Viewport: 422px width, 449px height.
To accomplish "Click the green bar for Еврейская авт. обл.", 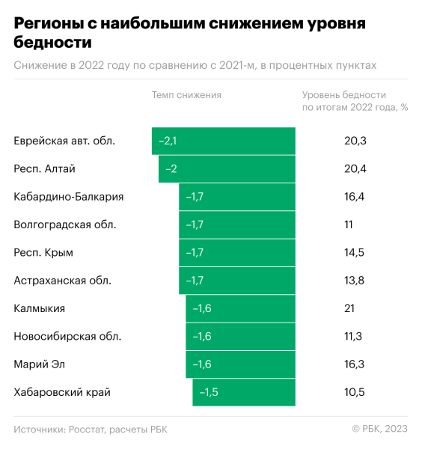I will pyautogui.click(x=223, y=141).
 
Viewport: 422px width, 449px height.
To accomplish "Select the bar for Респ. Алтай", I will pyautogui.click(x=227, y=168).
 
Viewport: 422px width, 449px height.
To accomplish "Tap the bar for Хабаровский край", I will pyautogui.click(x=244, y=392).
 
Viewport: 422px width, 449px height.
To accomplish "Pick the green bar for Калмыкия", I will pyautogui.click(x=240, y=308).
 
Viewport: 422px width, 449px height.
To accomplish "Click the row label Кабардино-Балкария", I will pyautogui.click(x=69, y=197).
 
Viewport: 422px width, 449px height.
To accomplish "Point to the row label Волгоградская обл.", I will pyautogui.click(x=65, y=224).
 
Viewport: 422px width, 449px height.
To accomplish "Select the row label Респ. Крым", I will pyautogui.click(x=43, y=253).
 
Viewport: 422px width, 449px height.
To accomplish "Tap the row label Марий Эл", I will pyautogui.click(x=40, y=364).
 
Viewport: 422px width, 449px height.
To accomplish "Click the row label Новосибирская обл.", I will pyautogui.click(x=67, y=337).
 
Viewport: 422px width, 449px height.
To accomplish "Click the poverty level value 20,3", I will pyautogui.click(x=354, y=141).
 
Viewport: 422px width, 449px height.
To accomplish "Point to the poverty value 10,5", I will pyautogui.click(x=354, y=392).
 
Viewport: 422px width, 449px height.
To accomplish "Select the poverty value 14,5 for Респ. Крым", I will pyautogui.click(x=354, y=253).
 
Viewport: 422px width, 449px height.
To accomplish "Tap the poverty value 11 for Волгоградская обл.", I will pyautogui.click(x=349, y=224).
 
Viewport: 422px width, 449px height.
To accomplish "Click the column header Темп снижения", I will pyautogui.click(x=186, y=95).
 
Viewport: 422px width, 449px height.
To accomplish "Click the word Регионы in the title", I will pyautogui.click(x=49, y=24).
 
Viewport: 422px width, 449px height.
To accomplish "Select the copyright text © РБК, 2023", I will pyautogui.click(x=379, y=429).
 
